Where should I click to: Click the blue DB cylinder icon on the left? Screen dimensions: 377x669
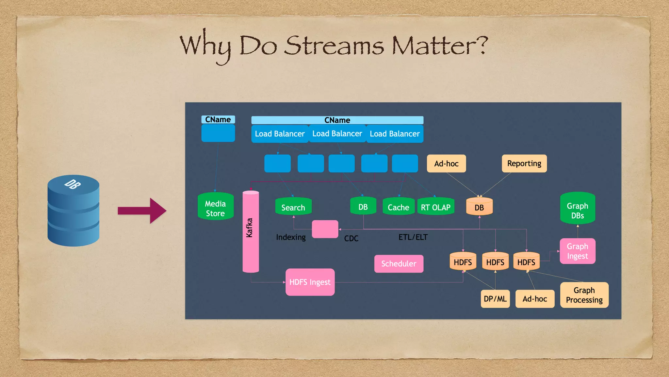pos(73,211)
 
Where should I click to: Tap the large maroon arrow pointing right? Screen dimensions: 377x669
pos(142,211)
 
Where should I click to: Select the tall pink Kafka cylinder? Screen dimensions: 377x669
pos(251,231)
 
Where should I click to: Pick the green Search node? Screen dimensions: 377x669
pos(293,206)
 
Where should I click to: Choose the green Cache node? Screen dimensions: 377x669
pos(398,206)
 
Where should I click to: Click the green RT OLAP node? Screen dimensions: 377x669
pos(435,206)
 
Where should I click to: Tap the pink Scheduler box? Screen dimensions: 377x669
pos(399,264)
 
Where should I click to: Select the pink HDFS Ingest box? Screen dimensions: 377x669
pos(310,282)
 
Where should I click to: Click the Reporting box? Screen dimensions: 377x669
pos(524,164)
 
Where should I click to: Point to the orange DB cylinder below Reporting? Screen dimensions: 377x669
pos(479,207)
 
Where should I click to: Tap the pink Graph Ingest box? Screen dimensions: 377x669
pos(577,251)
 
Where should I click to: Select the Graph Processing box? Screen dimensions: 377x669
pos(584,295)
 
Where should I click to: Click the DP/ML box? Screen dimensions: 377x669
pos(495,299)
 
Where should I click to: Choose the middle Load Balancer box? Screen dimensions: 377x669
pos(337,134)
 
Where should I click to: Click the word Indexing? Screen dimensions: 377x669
pos(291,237)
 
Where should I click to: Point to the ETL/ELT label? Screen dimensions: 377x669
pos(413,237)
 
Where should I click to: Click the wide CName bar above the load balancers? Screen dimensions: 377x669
pos(337,120)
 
